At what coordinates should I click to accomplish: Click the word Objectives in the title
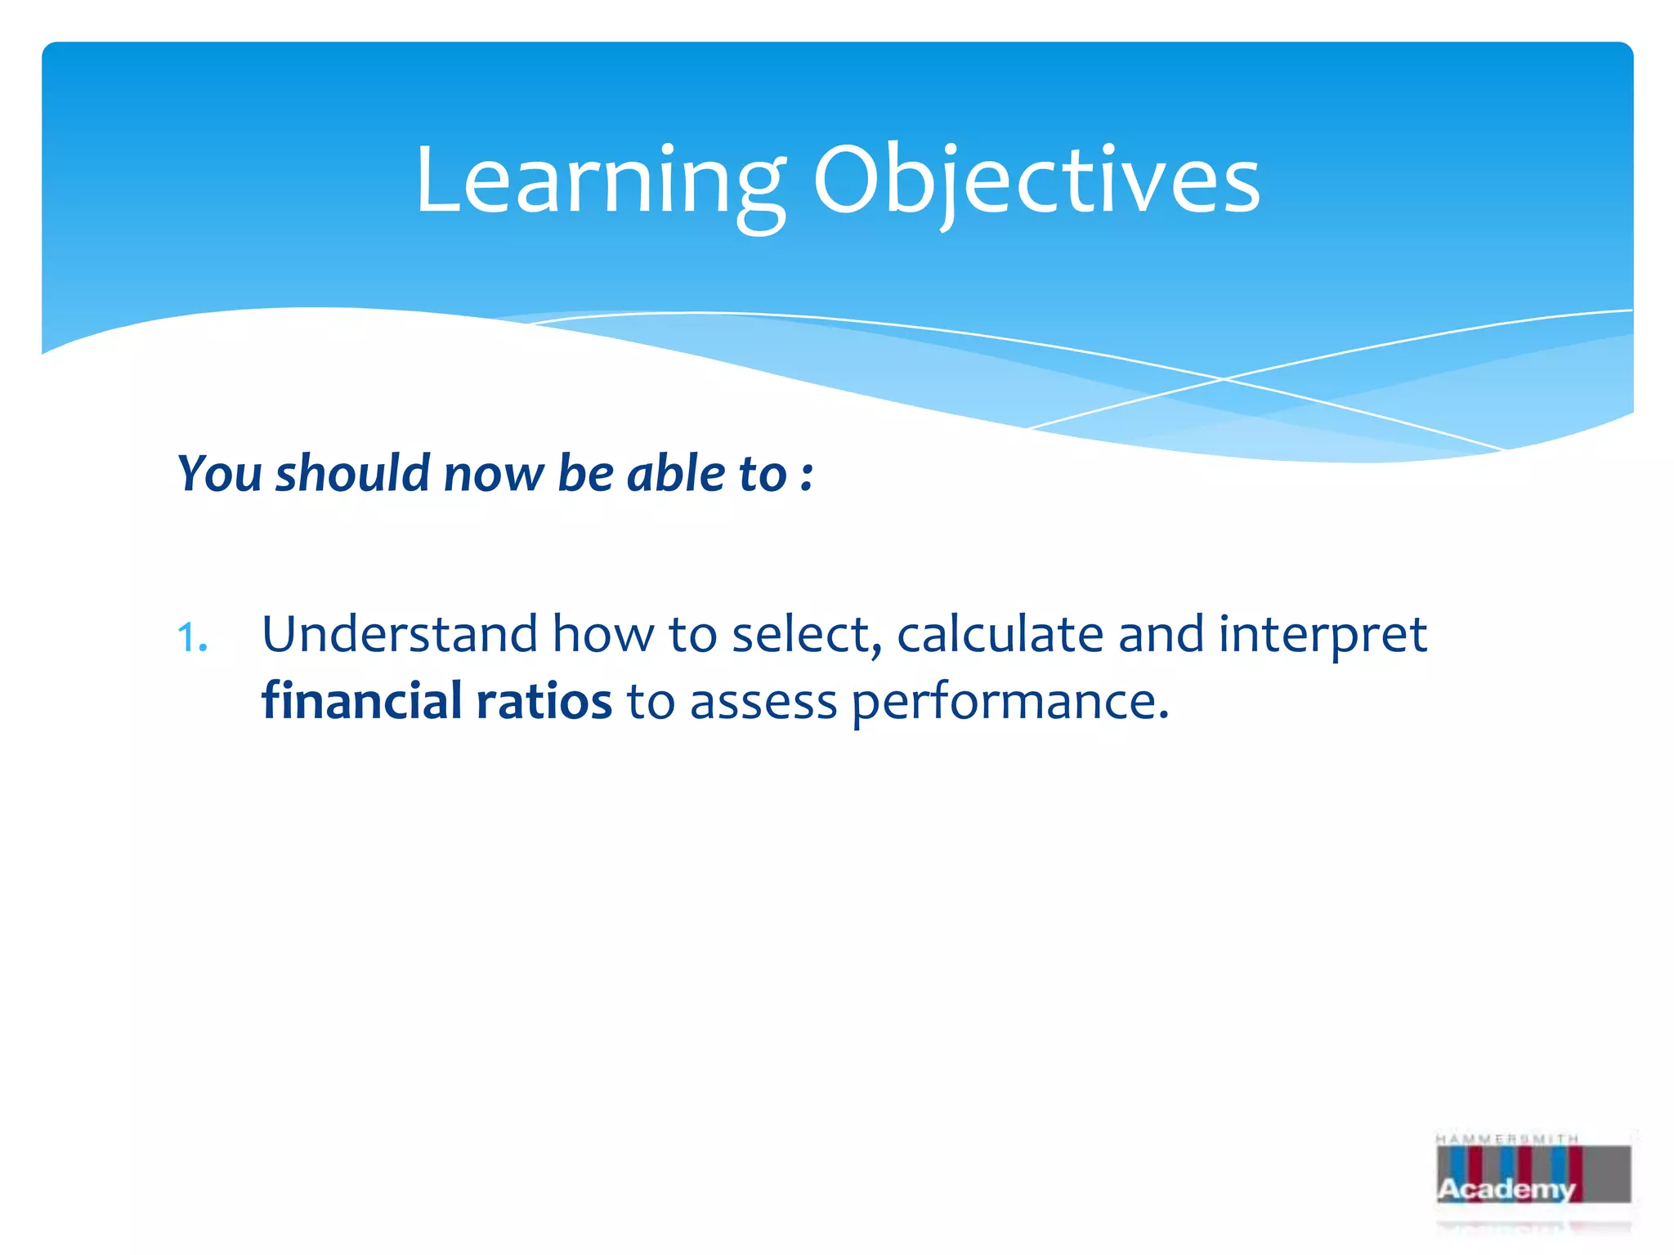coord(1036,181)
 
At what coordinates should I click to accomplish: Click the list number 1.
coord(192,638)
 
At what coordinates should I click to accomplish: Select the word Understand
coord(399,635)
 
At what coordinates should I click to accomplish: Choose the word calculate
coord(1000,635)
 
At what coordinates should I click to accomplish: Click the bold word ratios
coord(544,702)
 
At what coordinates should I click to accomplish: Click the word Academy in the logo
coord(1506,1189)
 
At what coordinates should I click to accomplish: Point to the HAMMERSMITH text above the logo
coord(1506,1139)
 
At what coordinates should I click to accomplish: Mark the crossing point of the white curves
coord(1224,379)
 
